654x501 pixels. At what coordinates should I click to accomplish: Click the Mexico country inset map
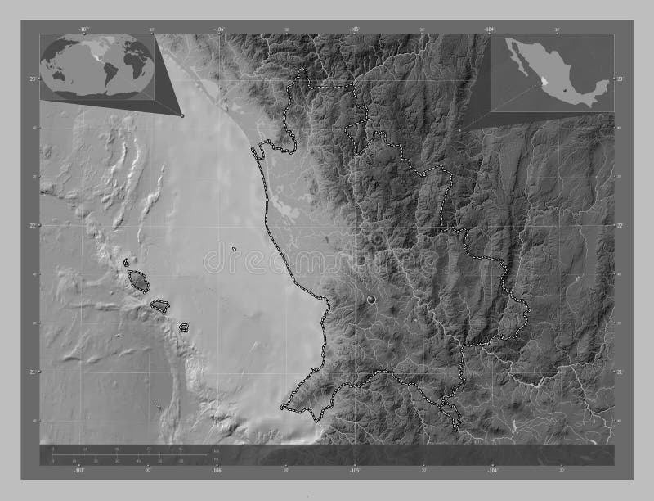[552, 74]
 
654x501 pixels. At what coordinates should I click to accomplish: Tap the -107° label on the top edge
[83, 29]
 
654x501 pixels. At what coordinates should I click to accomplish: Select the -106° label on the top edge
[218, 29]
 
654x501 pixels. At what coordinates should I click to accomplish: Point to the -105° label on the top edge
[354, 29]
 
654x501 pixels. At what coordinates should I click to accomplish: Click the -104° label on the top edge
[489, 29]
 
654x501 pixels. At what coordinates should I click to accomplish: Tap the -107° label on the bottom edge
[79, 471]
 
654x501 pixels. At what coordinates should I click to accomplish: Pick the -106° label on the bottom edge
[217, 471]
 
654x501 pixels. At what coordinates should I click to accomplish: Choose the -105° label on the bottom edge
[355, 471]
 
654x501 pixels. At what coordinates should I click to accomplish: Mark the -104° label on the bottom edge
[492, 471]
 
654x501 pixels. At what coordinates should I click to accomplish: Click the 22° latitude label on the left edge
[32, 225]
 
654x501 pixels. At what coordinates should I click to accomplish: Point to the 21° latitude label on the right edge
[620, 372]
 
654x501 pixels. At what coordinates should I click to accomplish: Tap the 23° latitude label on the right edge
[620, 78]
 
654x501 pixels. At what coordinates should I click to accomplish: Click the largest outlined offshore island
[139, 281]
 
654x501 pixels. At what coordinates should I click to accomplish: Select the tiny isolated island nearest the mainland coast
[235, 249]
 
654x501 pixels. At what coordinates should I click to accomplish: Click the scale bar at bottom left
[131, 455]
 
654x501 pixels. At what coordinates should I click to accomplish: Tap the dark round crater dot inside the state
[373, 300]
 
